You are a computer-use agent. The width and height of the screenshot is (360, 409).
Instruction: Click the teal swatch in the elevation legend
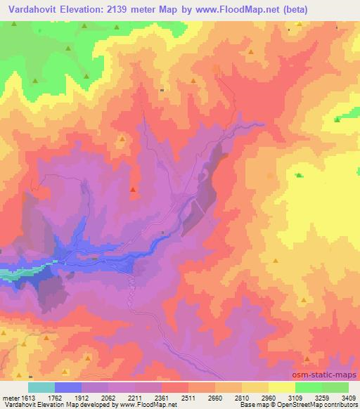tap(41, 387)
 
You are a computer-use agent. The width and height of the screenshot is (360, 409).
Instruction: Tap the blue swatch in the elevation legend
tap(68, 387)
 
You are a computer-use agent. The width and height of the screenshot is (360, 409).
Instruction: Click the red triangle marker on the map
tap(133, 189)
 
